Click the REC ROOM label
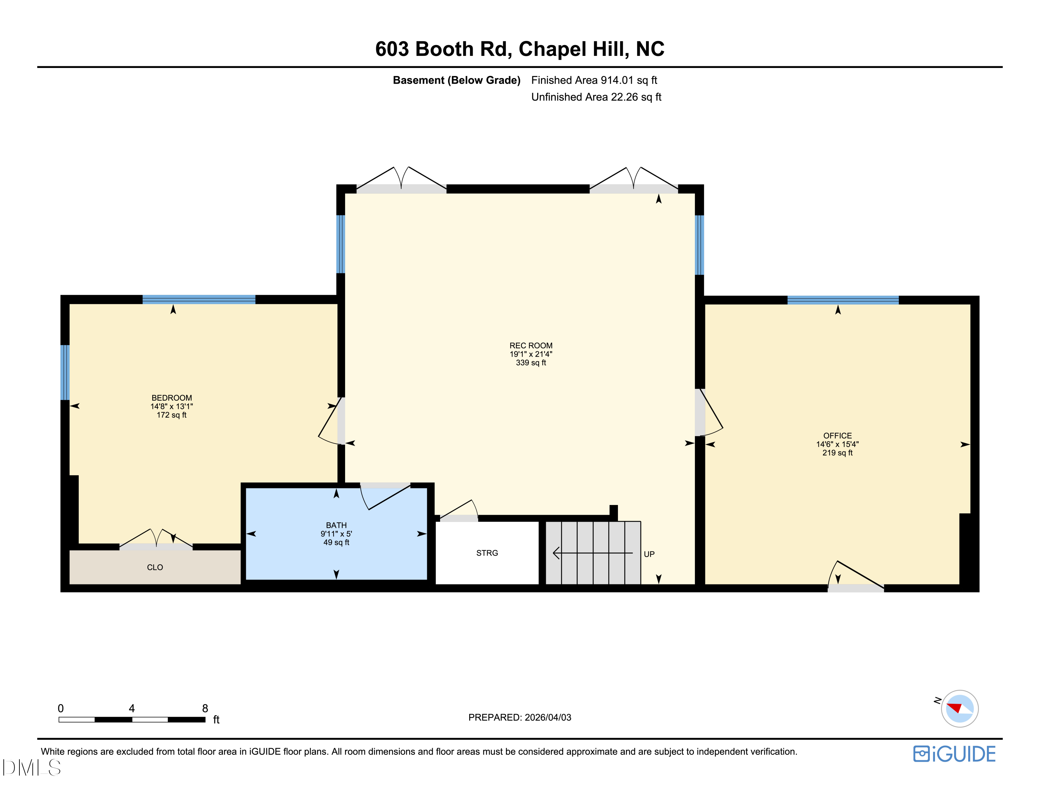point(531,345)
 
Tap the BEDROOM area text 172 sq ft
point(171,415)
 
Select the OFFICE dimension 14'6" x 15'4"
point(837,444)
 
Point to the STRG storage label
point(487,553)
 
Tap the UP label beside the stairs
point(649,554)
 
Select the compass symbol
point(959,708)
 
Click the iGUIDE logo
point(954,754)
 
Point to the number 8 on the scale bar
point(205,708)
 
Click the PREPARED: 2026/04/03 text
point(519,717)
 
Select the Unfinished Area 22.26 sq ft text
point(596,97)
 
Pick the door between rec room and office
point(702,412)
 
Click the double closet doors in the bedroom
point(156,542)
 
